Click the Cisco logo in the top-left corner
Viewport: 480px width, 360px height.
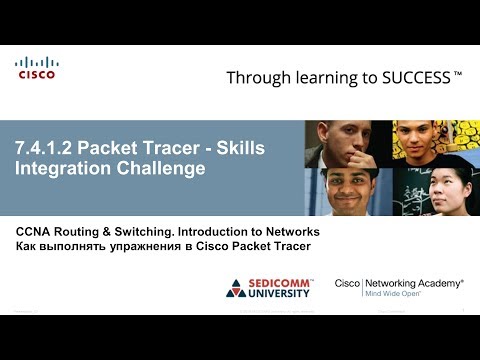click(36, 67)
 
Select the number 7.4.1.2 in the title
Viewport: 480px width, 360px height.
click(43, 149)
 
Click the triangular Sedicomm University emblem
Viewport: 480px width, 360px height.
click(234, 288)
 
